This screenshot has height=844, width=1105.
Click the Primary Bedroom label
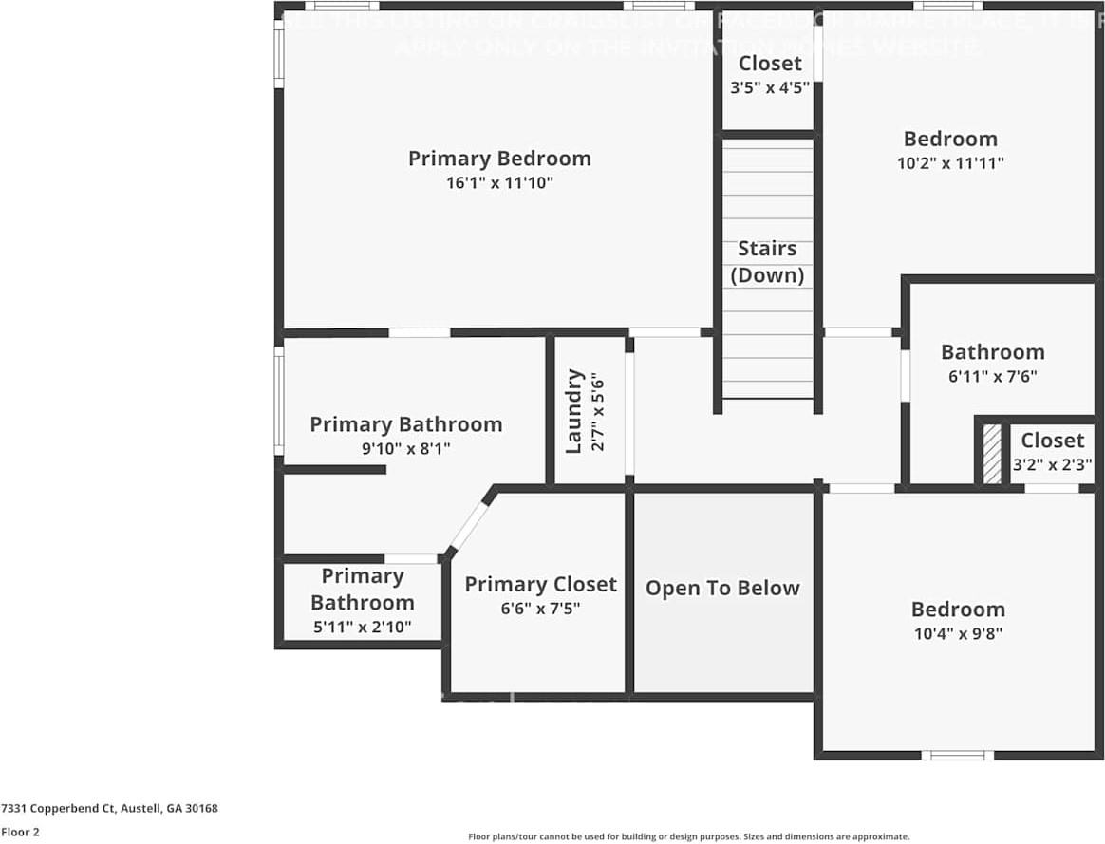pos(499,159)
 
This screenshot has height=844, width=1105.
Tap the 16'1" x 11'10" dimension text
pos(499,182)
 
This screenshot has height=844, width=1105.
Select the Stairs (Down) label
pos(767,262)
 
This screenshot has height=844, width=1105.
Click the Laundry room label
pos(574,410)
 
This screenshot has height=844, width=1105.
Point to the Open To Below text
pos(722,589)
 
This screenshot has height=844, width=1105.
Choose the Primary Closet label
pos(540,585)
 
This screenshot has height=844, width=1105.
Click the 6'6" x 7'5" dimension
pos(540,609)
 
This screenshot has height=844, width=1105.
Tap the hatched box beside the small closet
pos(991,455)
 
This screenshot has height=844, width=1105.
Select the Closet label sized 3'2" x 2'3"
pos(1052,441)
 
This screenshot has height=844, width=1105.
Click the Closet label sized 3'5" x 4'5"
pos(770,64)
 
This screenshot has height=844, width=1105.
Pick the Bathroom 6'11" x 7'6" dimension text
pos(992,375)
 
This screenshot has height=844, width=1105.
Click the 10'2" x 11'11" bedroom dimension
pos(950,163)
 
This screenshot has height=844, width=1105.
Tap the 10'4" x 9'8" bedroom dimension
pos(957,633)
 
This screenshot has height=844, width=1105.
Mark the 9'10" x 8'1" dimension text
pos(405,448)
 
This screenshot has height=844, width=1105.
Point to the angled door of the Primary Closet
pos(469,526)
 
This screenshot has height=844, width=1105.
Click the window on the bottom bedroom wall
pos(957,756)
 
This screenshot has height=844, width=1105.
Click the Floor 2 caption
pos(20,832)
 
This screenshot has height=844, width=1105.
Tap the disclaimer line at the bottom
pos(688,836)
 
